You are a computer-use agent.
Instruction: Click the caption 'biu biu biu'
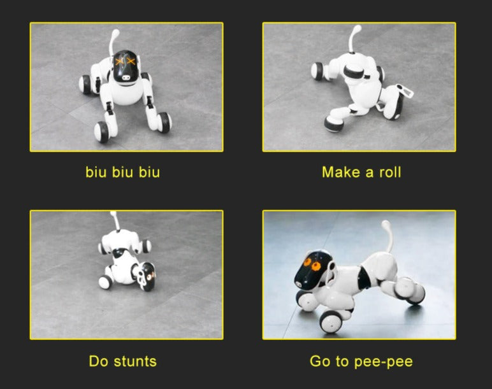point(123,172)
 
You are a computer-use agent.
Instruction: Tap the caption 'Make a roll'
point(361,172)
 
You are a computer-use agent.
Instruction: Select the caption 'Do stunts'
point(123,361)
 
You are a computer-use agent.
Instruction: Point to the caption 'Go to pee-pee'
point(361,362)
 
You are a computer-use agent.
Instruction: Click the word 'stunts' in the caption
point(135,362)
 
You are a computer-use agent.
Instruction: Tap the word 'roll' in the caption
point(390,172)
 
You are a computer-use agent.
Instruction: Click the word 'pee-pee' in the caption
point(384,362)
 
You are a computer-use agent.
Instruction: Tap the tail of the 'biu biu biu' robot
point(113,42)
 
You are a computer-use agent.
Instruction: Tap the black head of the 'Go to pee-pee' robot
point(313,268)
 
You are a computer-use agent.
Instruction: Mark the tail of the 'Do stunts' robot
point(115,221)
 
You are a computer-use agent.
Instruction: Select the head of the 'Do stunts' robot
point(146,276)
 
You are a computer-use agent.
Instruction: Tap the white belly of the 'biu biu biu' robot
point(126,94)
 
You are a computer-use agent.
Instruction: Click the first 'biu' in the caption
point(96,172)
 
